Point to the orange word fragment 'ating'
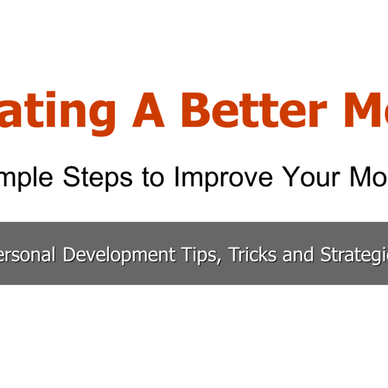tap(58, 110)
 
